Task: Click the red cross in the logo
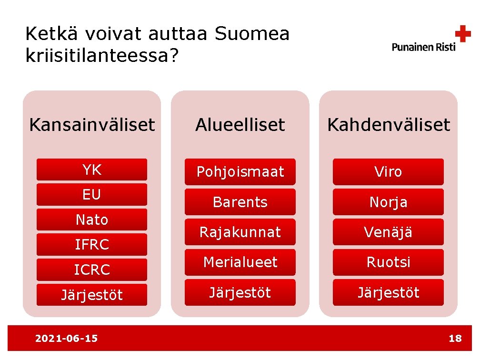[x=462, y=34]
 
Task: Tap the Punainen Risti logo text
[x=423, y=47]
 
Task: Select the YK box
[x=92, y=170]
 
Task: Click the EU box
[x=92, y=194]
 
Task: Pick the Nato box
[x=92, y=220]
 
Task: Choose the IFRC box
[x=92, y=244]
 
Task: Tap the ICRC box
[x=92, y=270]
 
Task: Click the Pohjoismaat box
[x=240, y=171]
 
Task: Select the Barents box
[x=240, y=202]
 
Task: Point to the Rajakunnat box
[x=240, y=232]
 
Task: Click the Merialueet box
[x=240, y=262]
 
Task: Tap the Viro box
[x=388, y=171]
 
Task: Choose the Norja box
[x=388, y=202]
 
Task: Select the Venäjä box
[x=388, y=232]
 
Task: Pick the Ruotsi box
[x=388, y=262]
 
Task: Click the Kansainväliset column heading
[x=92, y=125]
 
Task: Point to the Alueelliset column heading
[x=240, y=125]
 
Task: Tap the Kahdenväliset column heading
[x=388, y=125]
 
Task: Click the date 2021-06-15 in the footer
[x=67, y=338]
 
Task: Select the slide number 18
[x=455, y=338]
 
